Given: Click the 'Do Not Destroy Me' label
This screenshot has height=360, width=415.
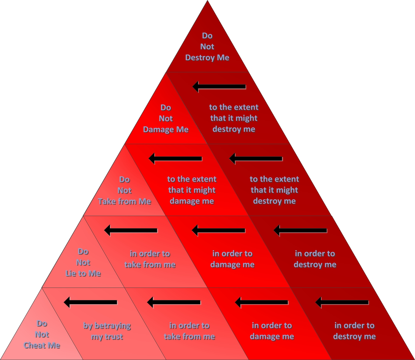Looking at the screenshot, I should pos(207,47).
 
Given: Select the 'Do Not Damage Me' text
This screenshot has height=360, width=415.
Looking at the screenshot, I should pos(166,118).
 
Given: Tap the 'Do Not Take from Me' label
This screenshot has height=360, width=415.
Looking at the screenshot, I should pos(124,190).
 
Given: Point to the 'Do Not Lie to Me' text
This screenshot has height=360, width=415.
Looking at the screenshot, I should pos(83,262).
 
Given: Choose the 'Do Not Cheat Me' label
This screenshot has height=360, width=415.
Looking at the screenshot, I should pos(42,334).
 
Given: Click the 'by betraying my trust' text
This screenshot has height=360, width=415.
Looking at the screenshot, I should pos(107,331).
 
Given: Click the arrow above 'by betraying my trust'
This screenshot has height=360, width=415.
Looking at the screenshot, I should pos(91,302).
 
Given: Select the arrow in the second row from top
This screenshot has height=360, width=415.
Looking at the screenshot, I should pos(219,87).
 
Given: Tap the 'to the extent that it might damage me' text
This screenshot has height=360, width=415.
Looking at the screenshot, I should pos(192,190).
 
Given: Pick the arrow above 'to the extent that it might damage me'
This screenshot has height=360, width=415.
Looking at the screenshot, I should pos(175,159).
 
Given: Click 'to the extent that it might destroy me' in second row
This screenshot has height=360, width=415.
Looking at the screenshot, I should pos(233,118).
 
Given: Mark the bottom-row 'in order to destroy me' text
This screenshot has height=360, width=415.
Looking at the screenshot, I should pos(354,331).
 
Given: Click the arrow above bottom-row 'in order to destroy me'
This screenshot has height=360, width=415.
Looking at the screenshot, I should pos(342,302).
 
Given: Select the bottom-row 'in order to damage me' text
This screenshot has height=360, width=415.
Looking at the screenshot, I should pos(272,331).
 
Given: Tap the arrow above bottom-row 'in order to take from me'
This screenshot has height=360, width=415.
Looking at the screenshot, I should pos(174,302).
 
